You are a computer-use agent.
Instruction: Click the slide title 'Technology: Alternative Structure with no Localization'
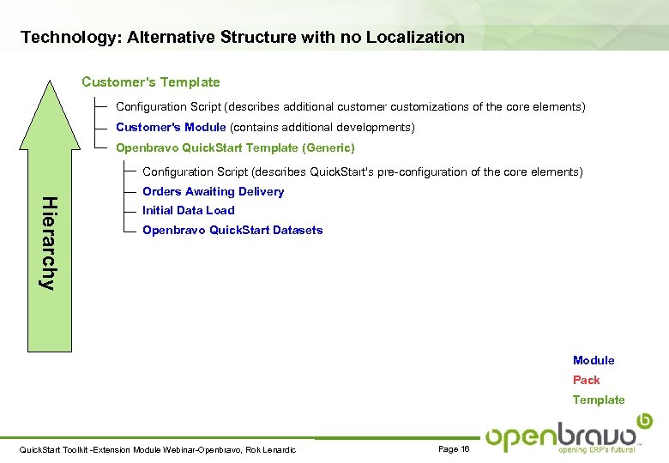tap(243, 38)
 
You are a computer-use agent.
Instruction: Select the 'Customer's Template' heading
tap(150, 82)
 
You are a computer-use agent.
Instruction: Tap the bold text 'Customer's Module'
tap(171, 127)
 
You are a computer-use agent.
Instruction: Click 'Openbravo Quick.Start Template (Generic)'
tap(235, 147)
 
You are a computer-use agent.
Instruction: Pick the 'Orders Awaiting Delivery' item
tap(213, 191)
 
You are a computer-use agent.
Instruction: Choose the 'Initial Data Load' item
tap(188, 210)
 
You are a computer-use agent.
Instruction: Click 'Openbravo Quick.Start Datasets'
tap(232, 230)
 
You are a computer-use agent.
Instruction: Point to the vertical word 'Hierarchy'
tap(50, 244)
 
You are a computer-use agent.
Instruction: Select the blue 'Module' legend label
tap(594, 360)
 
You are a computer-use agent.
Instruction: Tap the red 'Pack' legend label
tap(587, 380)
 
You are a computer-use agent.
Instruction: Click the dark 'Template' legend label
tap(599, 400)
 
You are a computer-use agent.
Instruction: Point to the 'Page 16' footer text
tap(454, 449)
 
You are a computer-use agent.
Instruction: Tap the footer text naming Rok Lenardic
tap(157, 450)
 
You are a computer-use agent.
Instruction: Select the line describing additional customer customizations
tap(350, 107)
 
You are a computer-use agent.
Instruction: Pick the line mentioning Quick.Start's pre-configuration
tap(362, 171)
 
